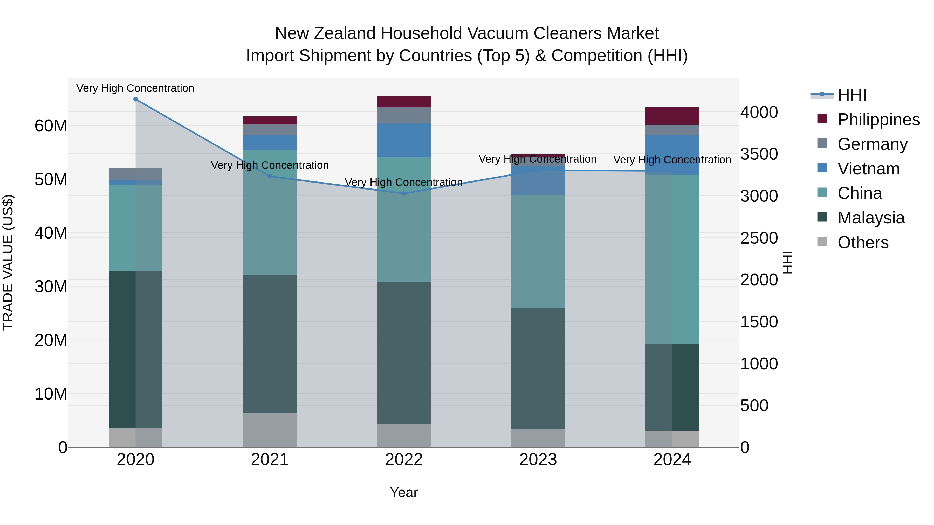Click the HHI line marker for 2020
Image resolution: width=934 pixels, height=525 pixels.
(136, 99)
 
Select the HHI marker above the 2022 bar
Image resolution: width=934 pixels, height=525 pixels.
(404, 193)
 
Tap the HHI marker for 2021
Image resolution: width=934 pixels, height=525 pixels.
(269, 177)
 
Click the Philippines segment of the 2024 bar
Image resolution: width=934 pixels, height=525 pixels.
(672, 116)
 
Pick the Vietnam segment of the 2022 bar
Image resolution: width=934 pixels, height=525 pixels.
(404, 140)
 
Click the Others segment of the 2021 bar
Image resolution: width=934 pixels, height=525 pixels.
(269, 430)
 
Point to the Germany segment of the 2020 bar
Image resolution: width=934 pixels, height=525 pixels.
(136, 174)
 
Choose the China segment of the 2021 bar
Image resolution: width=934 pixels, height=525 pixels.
(269, 213)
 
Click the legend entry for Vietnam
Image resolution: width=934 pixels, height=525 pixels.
(868, 169)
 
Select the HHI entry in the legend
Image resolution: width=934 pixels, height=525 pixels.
(852, 95)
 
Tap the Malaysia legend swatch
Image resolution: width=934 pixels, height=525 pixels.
(822, 218)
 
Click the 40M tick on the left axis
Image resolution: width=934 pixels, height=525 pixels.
(51, 233)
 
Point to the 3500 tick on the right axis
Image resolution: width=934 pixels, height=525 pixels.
(759, 154)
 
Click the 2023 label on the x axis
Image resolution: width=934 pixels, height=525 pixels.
(538, 460)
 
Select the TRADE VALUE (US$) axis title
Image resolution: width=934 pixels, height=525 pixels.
(8, 262)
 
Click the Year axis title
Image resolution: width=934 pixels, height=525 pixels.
(404, 492)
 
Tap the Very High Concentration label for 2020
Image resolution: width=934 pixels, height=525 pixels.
(135, 88)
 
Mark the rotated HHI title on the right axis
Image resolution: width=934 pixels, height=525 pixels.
(787, 262)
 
